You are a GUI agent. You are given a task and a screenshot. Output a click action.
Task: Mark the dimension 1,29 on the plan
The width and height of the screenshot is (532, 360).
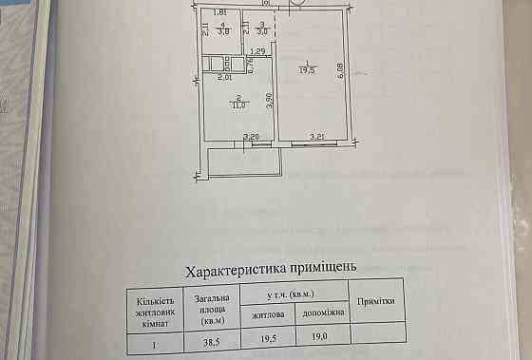coord(256,51)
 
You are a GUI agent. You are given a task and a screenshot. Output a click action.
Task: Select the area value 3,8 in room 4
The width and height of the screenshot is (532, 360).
coord(222,31)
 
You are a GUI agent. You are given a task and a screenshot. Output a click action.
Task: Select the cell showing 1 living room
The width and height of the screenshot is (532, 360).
coord(153,335)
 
